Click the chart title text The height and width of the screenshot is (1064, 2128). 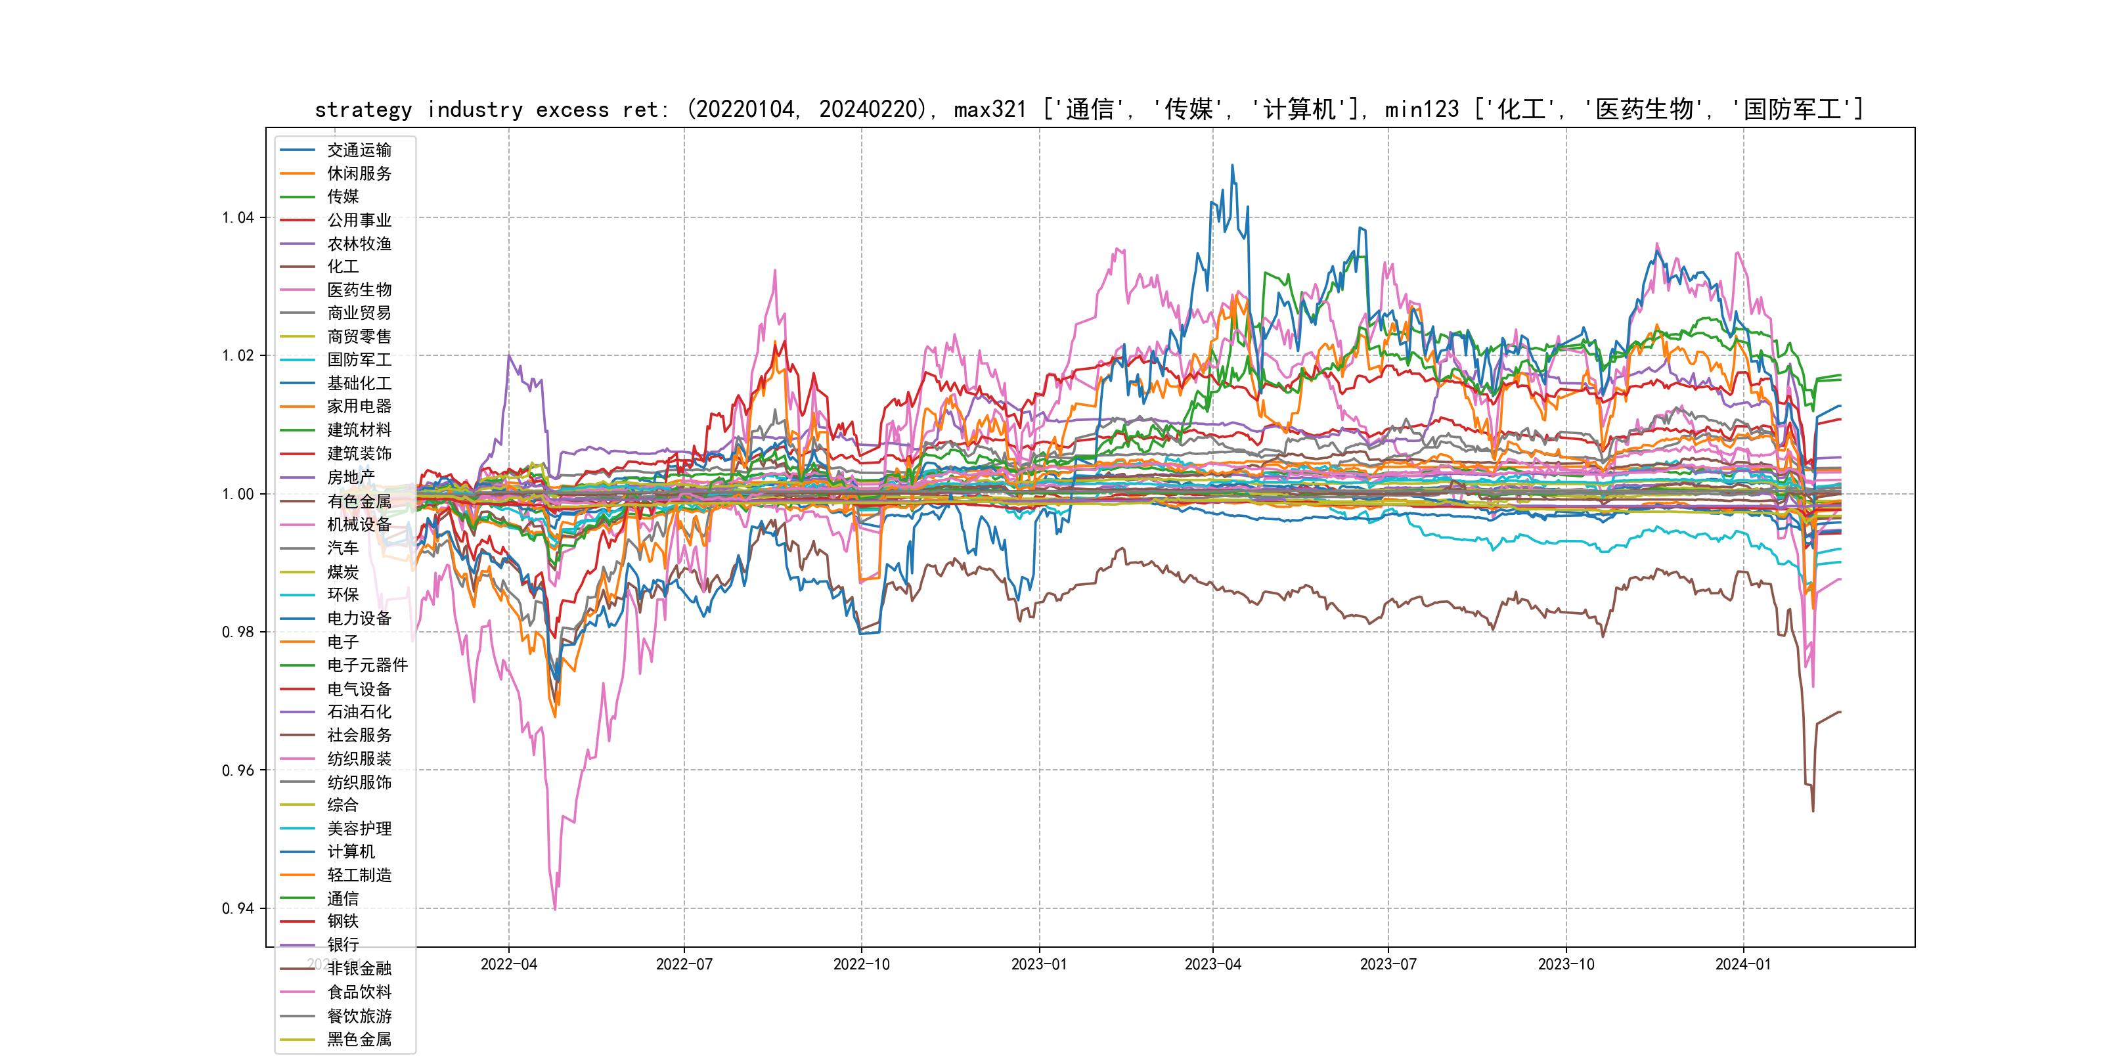(1089, 109)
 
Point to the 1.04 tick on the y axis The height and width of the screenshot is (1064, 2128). (238, 218)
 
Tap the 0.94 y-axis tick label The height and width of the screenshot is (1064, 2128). (238, 909)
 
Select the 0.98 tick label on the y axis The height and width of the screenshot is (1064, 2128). (238, 632)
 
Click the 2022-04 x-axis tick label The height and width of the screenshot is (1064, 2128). (509, 965)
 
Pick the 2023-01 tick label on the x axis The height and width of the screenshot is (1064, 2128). (1039, 965)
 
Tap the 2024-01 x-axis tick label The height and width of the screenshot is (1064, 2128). (1743, 965)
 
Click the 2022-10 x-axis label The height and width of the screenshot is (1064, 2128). (862, 965)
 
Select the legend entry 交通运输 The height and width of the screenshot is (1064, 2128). (359, 150)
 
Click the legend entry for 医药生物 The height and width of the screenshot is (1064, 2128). (359, 290)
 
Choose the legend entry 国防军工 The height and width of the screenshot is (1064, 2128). (359, 360)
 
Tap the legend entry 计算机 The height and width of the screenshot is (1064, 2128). (350, 852)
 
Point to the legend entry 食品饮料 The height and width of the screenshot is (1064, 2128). (359, 992)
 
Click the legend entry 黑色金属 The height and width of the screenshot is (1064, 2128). (359, 1039)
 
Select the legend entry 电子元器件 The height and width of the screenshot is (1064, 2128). (366, 665)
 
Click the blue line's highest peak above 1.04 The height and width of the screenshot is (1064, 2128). (1233, 166)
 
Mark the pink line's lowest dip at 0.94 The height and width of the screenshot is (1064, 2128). (555, 909)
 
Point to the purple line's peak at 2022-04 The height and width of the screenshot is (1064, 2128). (509, 356)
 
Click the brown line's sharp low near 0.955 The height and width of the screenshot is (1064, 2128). (1813, 810)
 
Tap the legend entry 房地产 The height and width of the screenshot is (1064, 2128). (350, 477)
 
